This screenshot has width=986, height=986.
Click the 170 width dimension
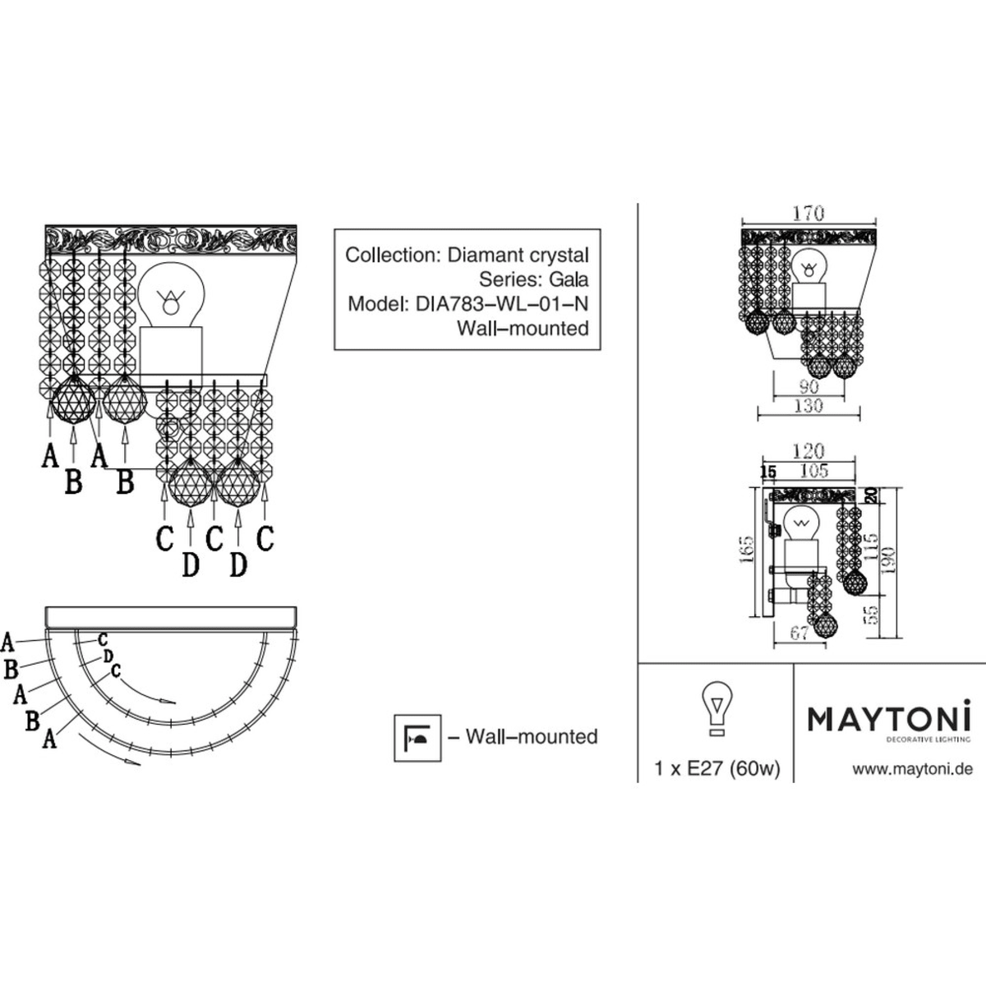[x=809, y=213]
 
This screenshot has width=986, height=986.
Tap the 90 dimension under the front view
[x=809, y=386]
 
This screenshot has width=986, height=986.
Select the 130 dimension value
[x=809, y=406]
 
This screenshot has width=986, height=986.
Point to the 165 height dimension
[x=747, y=550]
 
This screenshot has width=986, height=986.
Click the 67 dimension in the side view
[x=799, y=634]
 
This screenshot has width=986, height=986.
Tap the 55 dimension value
[x=873, y=615]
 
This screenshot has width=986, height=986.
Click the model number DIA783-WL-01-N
[x=502, y=304]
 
